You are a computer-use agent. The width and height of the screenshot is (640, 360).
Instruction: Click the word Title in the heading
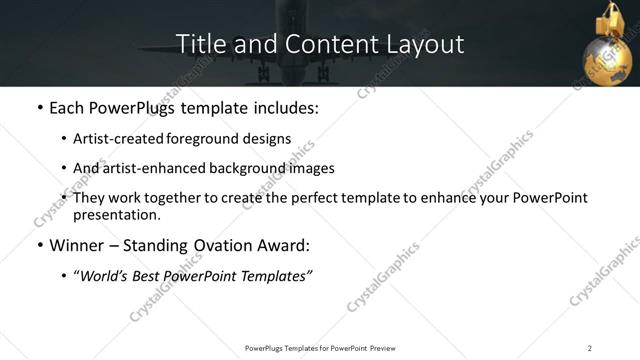point(198,44)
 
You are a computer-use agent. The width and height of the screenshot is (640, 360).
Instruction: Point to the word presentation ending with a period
point(117,215)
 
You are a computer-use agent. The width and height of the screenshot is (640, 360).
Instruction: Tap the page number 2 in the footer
point(590,347)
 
